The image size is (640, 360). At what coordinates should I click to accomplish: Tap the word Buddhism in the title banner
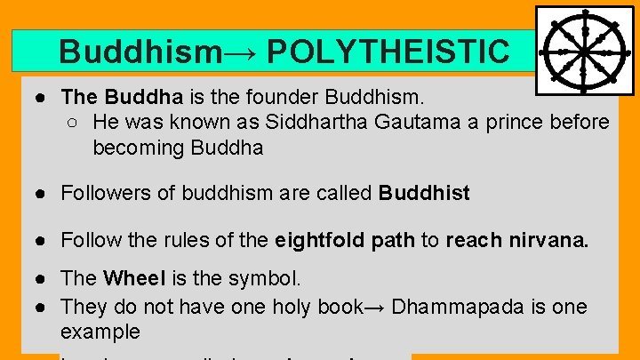[140, 52]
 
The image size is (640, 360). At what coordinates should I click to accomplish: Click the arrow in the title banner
[242, 52]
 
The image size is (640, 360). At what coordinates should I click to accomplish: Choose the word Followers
[105, 193]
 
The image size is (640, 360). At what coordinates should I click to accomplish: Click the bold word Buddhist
[424, 193]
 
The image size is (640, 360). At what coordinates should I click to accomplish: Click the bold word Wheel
[134, 278]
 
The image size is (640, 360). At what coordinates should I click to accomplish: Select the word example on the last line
[100, 332]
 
